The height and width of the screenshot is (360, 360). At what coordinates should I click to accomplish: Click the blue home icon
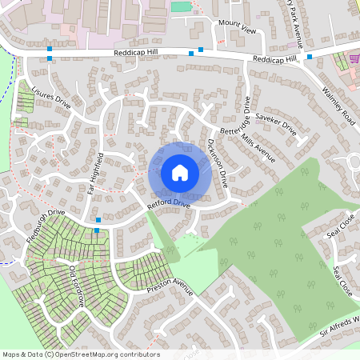coord(180,172)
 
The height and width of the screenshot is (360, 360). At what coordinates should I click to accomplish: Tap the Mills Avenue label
coord(258,148)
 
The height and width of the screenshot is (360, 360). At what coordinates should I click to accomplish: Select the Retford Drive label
coord(169,206)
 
